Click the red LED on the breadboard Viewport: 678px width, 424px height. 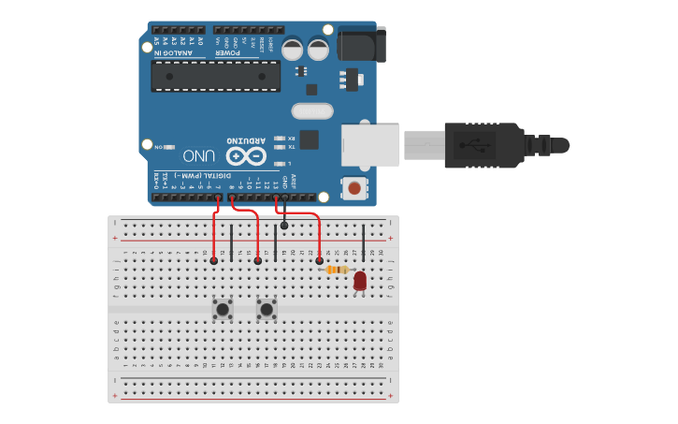tap(360, 280)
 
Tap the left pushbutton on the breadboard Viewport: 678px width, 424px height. tap(223, 308)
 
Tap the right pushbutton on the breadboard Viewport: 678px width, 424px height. tap(267, 308)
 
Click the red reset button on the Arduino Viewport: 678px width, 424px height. tap(354, 188)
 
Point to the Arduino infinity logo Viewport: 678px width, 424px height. tap(246, 154)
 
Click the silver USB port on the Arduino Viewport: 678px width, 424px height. tap(370, 145)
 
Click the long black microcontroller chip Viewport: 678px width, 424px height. tap(216, 77)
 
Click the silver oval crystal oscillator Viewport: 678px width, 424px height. tap(312, 111)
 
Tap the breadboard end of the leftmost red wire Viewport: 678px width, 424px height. tap(214, 260)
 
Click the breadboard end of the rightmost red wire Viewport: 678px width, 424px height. tap(320, 260)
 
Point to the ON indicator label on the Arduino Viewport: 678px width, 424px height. tap(160, 146)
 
